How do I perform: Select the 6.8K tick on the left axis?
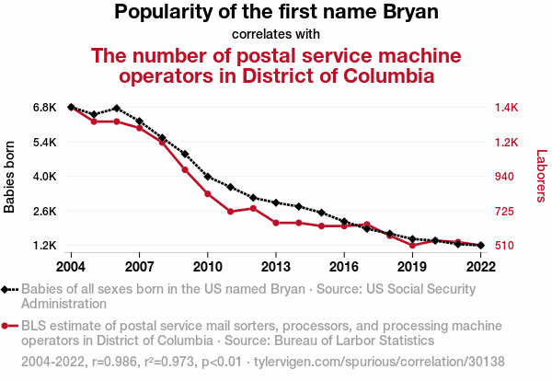(x=45, y=108)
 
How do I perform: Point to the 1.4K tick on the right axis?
(x=507, y=108)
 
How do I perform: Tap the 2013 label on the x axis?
(x=276, y=267)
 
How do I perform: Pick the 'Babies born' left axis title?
(x=10, y=177)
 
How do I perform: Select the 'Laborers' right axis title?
(x=541, y=177)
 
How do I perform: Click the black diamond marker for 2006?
(x=117, y=109)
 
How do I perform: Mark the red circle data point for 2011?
(x=231, y=212)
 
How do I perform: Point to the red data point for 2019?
(x=412, y=246)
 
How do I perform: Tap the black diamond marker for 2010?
(x=208, y=177)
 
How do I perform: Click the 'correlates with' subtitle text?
(x=276, y=35)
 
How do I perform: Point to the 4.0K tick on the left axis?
(x=45, y=177)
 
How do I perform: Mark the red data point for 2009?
(x=185, y=170)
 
